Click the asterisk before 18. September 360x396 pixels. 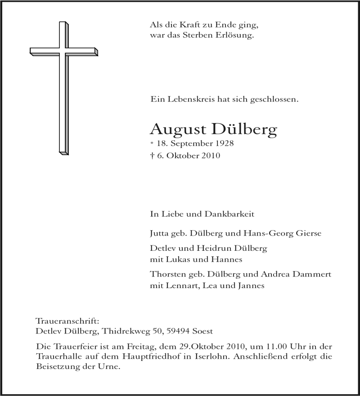(x=152, y=144)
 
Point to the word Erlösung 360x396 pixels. (x=238, y=35)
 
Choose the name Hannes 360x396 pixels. (x=230, y=259)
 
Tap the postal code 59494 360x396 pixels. (x=178, y=331)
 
